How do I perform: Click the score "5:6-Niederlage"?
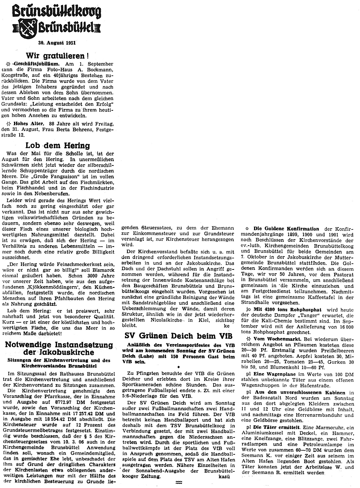(141, 396)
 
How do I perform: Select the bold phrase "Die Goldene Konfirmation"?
(286, 229)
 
